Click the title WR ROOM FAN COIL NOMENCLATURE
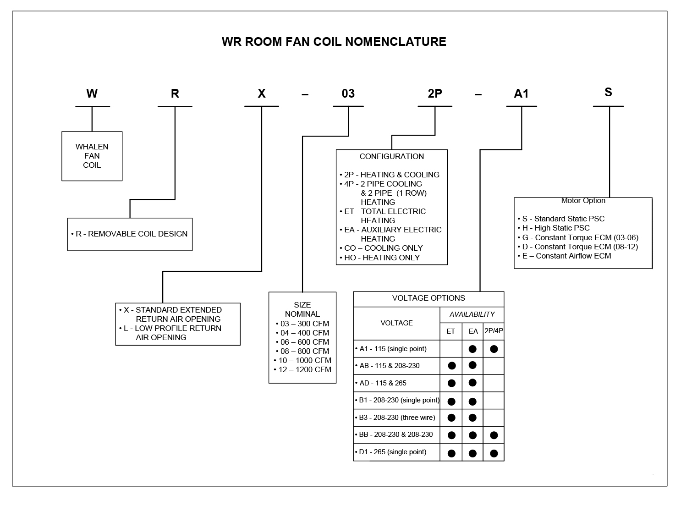334,42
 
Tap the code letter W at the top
92,93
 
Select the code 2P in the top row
434,93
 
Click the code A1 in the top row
521,93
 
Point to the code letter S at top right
608,92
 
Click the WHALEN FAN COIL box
92,156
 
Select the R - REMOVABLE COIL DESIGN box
130,234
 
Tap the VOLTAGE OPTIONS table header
428,298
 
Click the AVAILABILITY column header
472,314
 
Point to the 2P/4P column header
494,331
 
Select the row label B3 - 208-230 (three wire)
397,418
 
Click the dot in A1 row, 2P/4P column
494,349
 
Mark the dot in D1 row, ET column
451,453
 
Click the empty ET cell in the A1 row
451,349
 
